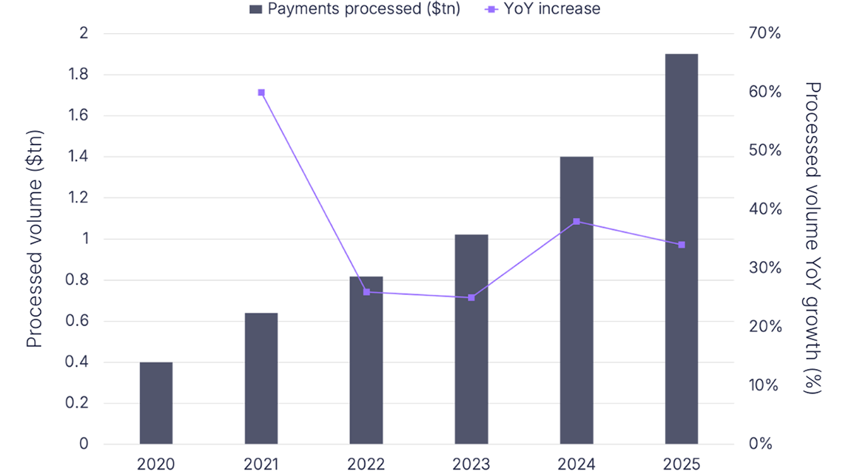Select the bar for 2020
coord(156,403)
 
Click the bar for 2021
coord(261,379)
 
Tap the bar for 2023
coord(471,339)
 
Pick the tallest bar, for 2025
coord(682,249)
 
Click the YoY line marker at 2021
coord(261,92)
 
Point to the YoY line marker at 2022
coord(366,292)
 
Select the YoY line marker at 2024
coord(576,222)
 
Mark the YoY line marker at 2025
coord(682,245)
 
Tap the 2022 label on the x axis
coord(366,464)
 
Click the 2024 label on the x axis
coord(576,464)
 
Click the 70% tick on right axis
coord(765,33)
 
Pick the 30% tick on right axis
coord(765,268)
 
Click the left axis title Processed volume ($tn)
coord(35,238)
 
